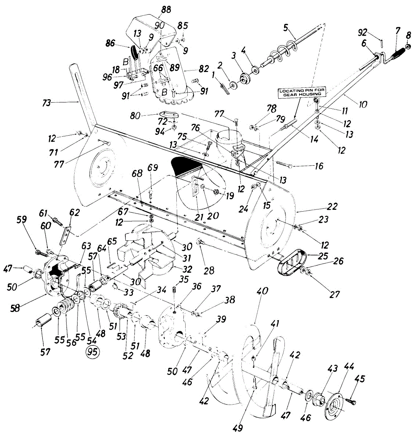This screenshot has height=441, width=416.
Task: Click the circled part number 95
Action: pyautogui.click(x=92, y=352)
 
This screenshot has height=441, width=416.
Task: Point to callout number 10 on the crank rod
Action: pyautogui.click(x=363, y=104)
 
